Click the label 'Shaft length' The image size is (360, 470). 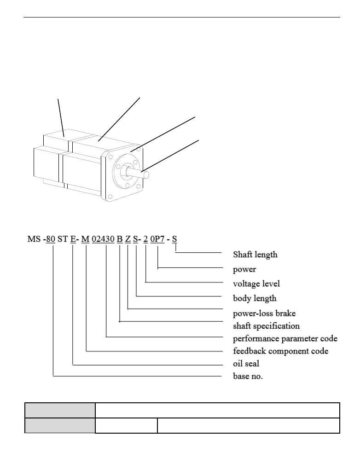coord(255,254)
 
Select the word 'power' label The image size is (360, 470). coord(244,269)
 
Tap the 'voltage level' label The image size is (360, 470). coord(256,284)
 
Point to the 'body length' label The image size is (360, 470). coord(255,298)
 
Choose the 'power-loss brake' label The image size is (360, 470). coord(264,313)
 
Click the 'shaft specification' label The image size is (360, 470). coord(266,326)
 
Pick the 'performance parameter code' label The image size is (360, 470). coord(285,339)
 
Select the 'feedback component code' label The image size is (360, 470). coord(280,351)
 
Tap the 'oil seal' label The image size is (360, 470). coord(246,364)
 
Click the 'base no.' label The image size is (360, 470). coord(248,377)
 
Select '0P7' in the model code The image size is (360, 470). coord(157,239)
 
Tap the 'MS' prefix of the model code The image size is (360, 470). coord(34,239)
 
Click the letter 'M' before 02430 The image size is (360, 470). coord(85,239)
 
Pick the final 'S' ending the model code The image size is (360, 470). coord(174,239)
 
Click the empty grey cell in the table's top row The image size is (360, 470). coord(59,410)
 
